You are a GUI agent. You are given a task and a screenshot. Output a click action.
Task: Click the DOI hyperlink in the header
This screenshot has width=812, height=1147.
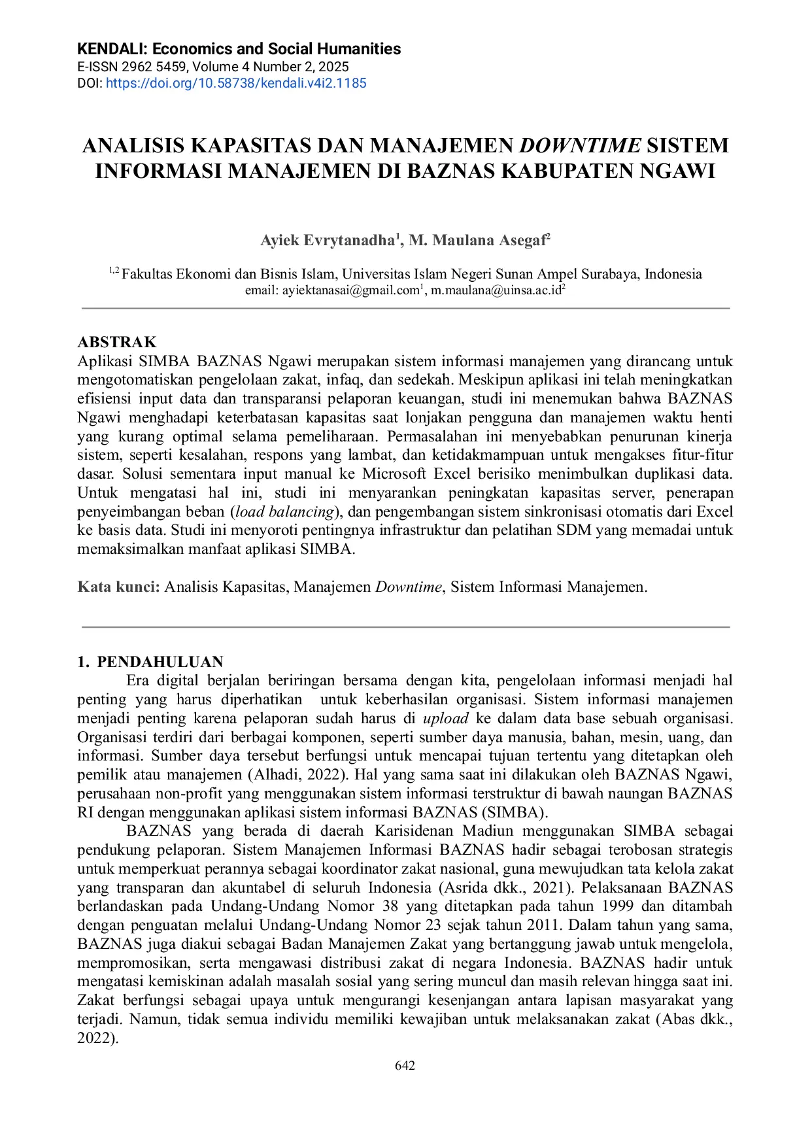(236, 83)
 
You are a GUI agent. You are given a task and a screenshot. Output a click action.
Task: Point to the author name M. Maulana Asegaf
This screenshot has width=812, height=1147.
(477, 241)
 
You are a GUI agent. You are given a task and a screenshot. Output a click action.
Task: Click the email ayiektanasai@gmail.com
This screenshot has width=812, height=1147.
(350, 290)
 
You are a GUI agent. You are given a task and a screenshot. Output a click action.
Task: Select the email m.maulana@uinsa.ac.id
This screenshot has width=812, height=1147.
(496, 290)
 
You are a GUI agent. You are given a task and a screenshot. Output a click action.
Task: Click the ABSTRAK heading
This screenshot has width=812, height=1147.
(117, 342)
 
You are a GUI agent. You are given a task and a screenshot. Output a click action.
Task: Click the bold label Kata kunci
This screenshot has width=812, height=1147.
(118, 587)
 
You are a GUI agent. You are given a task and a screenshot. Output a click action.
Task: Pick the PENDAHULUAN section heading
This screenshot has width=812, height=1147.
(160, 661)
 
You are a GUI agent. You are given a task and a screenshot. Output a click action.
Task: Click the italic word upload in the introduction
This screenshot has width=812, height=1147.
(446, 718)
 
